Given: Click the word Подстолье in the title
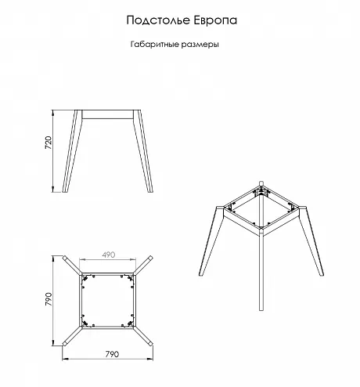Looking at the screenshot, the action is [159, 20].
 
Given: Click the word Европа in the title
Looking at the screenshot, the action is [215, 20].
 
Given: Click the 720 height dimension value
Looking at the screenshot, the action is [49, 143].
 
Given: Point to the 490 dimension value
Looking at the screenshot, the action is [109, 255].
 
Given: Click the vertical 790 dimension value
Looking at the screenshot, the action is [49, 299].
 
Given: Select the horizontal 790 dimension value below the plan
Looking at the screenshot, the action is [112, 354].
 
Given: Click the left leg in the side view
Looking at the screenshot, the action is [72, 151].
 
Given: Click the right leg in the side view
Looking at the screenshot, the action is [143, 151].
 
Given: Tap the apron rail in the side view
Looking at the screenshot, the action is [107, 114].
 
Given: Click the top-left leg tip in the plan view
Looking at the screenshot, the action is [64, 258].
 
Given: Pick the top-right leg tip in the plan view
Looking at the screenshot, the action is [150, 258].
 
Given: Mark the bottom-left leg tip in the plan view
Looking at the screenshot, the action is [64, 344].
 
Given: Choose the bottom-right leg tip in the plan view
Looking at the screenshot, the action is [150, 344].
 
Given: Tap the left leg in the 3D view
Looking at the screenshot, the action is [211, 241].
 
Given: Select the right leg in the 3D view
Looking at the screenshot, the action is [311, 241].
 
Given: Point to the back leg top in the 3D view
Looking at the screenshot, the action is [261, 183].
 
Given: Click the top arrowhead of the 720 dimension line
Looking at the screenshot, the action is [53, 113].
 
